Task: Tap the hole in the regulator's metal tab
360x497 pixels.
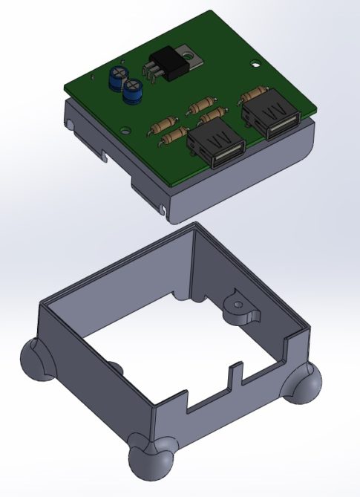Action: click(x=190, y=53)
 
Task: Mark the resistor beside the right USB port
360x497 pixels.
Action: click(x=253, y=94)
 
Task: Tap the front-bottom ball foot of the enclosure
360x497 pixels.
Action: click(x=151, y=458)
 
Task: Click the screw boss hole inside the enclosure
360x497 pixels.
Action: click(x=238, y=304)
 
